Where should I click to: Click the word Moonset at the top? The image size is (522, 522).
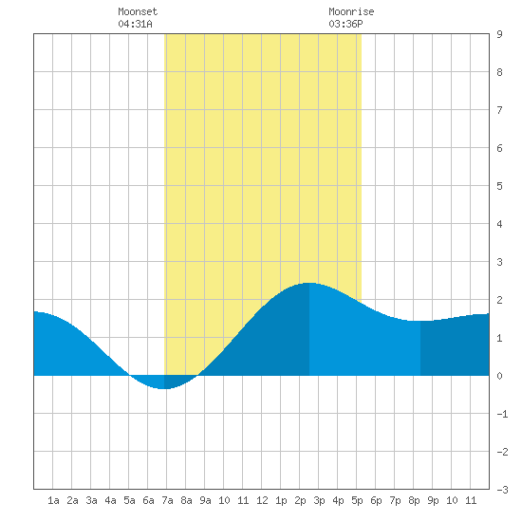[138, 11]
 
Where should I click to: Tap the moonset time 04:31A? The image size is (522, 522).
[135, 24]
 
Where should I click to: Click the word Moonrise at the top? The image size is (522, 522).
[351, 11]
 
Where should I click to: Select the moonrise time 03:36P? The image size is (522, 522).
[345, 24]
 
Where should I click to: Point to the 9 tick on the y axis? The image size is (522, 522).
[499, 34]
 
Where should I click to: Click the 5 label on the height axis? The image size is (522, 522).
[499, 186]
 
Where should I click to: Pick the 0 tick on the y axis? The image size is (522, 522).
[499, 376]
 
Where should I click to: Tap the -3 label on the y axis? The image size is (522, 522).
[502, 490]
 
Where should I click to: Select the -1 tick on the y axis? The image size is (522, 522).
[502, 414]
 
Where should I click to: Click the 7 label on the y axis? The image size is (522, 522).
[499, 110]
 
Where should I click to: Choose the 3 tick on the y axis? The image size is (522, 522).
[499, 262]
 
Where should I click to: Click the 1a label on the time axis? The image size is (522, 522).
[53, 500]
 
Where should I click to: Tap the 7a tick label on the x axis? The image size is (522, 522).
[167, 500]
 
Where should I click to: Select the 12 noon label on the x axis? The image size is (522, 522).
[262, 500]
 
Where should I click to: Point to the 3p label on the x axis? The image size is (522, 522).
[319, 500]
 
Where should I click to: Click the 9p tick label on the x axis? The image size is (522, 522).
[433, 500]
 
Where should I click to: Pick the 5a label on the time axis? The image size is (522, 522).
[129, 500]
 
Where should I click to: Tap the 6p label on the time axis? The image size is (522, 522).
[376, 500]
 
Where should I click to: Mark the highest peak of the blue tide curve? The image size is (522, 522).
[309, 283]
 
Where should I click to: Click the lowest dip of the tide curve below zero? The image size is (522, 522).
[163, 388]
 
